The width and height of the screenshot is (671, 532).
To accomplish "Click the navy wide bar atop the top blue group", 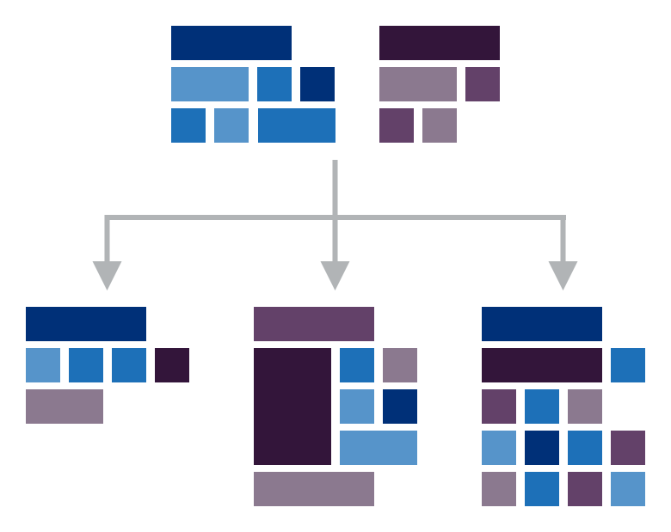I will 231,43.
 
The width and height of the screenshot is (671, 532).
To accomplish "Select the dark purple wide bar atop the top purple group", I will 440,43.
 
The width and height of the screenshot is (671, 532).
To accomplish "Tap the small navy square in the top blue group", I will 317,84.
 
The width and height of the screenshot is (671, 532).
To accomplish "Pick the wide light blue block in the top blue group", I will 210,84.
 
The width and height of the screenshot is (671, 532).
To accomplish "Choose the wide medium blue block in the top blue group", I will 297,125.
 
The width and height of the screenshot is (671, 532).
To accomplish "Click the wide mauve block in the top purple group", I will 418,84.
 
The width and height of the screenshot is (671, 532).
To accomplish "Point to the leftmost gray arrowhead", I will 107,275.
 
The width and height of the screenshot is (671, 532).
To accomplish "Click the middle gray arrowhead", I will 335,275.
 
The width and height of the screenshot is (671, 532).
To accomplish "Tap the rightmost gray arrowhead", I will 563,275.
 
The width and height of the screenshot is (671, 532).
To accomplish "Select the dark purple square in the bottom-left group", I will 172,365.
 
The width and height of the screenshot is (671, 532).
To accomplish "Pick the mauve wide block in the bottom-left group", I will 65,407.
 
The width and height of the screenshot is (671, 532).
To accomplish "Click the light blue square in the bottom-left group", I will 43,365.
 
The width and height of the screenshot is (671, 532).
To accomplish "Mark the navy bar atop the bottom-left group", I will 86,324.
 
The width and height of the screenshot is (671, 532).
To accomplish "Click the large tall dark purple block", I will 292,407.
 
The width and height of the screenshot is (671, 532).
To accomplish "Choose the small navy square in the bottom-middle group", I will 400,407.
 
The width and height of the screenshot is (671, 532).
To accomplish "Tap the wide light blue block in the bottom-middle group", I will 379,448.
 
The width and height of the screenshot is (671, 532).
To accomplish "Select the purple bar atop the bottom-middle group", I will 314,324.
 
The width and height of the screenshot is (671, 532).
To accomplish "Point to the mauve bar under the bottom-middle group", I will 314,489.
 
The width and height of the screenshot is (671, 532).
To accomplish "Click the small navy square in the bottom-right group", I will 542,448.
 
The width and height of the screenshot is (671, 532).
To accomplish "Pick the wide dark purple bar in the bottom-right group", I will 542,365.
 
